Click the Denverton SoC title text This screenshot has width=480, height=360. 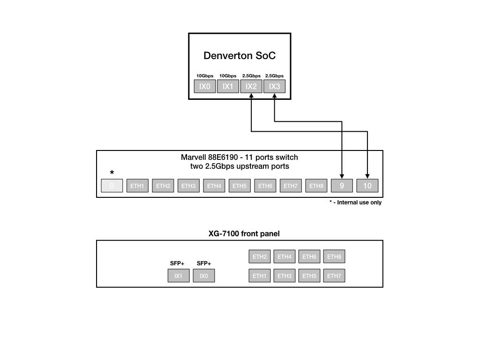[x=240, y=56]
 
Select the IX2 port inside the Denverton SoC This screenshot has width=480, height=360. [x=251, y=86]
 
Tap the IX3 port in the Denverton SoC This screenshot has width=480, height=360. [x=274, y=86]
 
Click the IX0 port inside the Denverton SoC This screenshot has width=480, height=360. [x=205, y=86]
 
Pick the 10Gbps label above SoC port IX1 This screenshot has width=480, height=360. [x=228, y=75]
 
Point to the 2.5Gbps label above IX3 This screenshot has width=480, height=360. [x=274, y=75]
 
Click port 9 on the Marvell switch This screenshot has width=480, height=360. [x=342, y=186]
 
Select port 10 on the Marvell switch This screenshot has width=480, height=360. [x=367, y=186]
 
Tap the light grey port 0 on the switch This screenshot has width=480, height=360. [x=112, y=186]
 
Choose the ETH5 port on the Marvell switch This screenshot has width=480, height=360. [x=239, y=186]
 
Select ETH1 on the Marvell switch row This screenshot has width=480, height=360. [x=137, y=186]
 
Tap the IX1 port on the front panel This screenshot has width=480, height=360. [x=179, y=276]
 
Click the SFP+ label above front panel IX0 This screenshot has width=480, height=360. [x=204, y=263]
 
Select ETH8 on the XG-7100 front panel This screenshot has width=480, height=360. [x=334, y=256]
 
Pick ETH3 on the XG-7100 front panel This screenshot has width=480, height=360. [x=285, y=276]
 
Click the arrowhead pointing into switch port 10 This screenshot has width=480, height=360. [x=367, y=177]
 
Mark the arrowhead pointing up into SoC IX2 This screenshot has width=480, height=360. [x=251, y=96]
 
